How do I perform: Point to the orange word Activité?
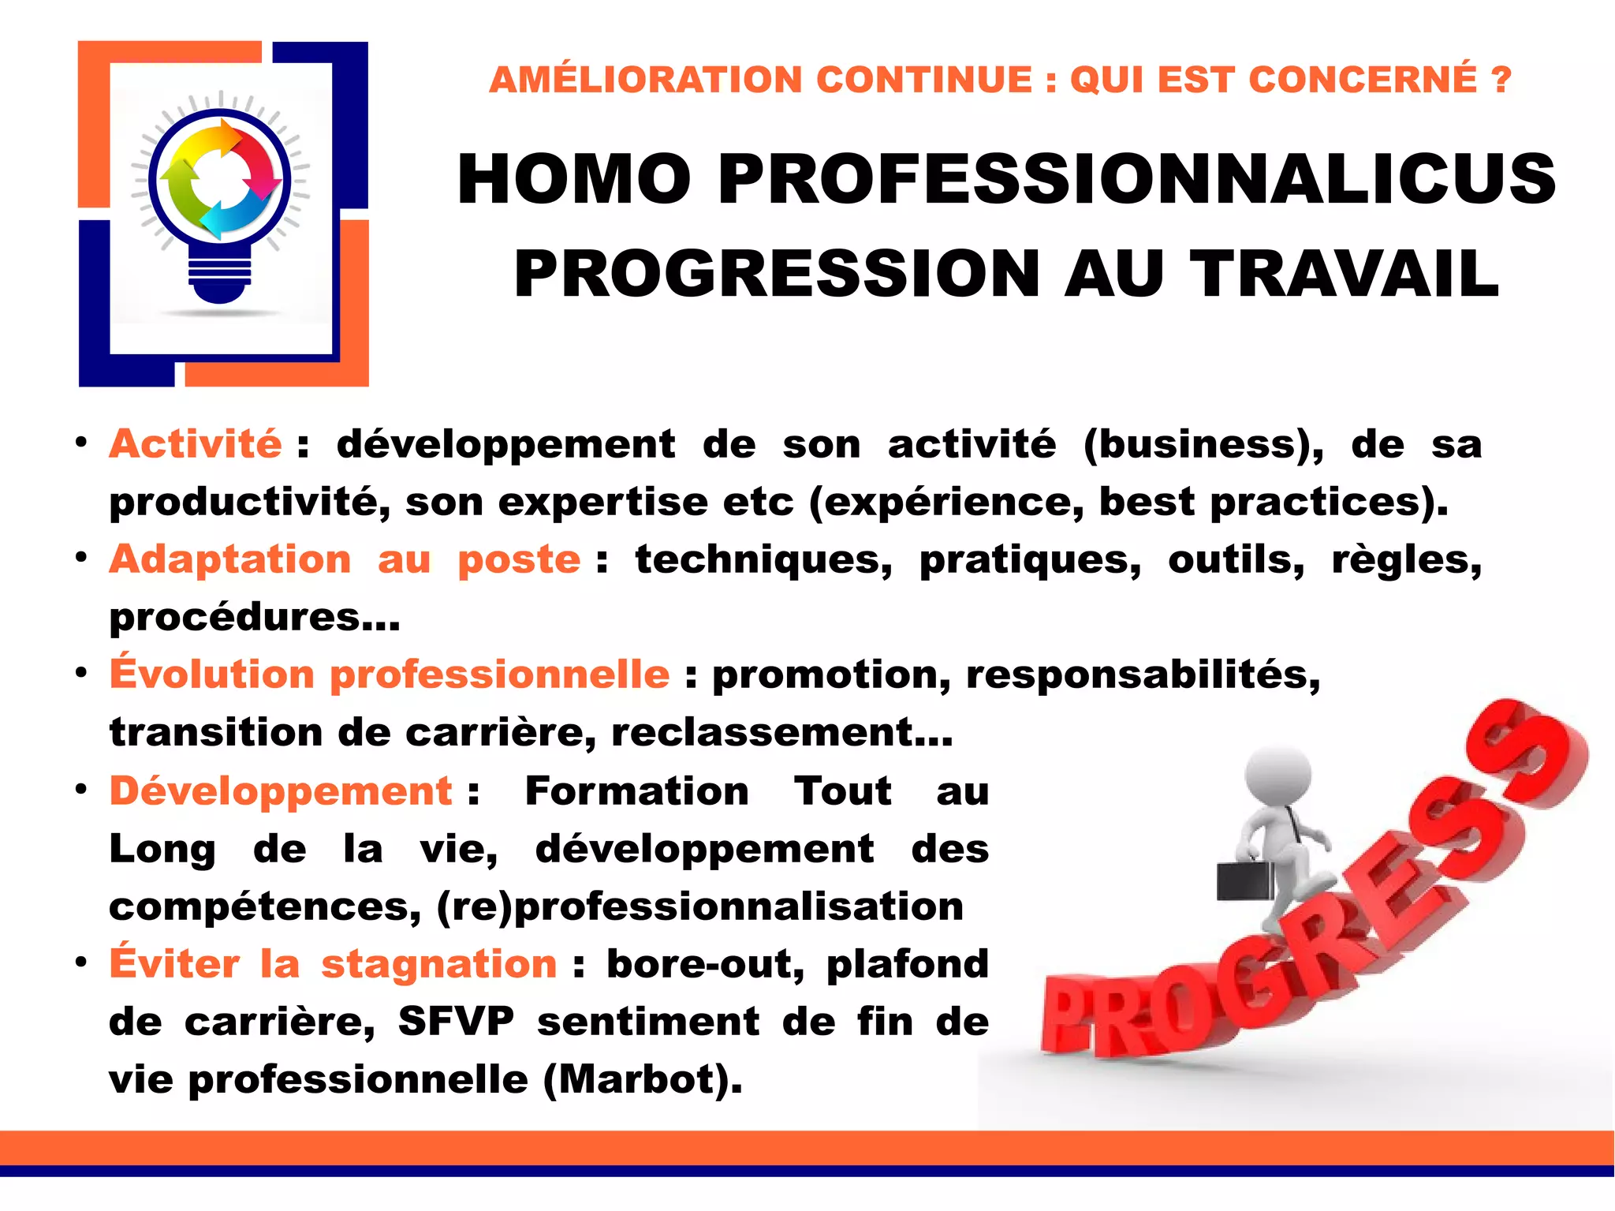(195, 443)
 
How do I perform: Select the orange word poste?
(519, 560)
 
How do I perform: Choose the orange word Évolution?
(212, 674)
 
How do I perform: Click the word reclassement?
(781, 732)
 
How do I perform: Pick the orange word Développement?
(281, 791)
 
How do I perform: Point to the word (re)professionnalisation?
(700, 906)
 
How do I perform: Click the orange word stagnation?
(438, 964)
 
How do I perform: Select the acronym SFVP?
(456, 1022)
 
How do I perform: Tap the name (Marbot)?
(642, 1079)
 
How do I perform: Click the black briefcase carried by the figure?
(1244, 880)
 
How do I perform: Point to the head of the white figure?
(1278, 774)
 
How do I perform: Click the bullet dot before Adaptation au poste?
(81, 557)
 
